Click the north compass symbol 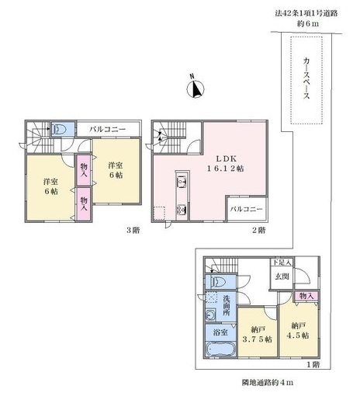click(x=196, y=89)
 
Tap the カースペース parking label click(x=306, y=78)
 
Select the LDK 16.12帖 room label click(x=225, y=163)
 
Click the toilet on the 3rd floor click(x=59, y=129)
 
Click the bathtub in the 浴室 click(x=220, y=350)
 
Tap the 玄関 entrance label click(x=282, y=276)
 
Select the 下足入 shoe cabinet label click(x=282, y=263)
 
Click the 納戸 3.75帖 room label click(x=258, y=334)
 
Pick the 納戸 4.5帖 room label click(x=298, y=331)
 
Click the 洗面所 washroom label click(x=227, y=305)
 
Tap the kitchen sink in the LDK click(x=182, y=181)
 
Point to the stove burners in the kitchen click(x=182, y=210)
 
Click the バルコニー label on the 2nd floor click(x=247, y=209)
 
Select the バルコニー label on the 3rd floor click(x=108, y=129)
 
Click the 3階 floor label click(x=133, y=230)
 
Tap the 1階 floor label click(x=313, y=364)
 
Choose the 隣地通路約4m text click(x=268, y=382)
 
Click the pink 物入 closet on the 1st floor click(x=306, y=296)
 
